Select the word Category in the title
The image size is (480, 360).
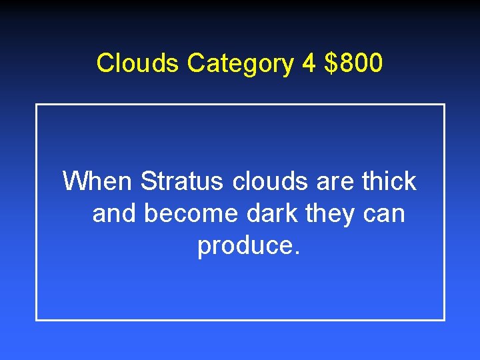click(239, 64)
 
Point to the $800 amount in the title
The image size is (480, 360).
click(354, 63)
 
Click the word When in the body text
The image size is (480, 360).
click(99, 181)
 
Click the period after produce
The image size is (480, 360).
click(297, 253)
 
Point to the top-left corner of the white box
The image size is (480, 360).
click(37, 105)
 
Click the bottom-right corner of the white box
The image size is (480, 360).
click(444, 319)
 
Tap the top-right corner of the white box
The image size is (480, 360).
click(444, 105)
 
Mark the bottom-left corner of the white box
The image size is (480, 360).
click(37, 319)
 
